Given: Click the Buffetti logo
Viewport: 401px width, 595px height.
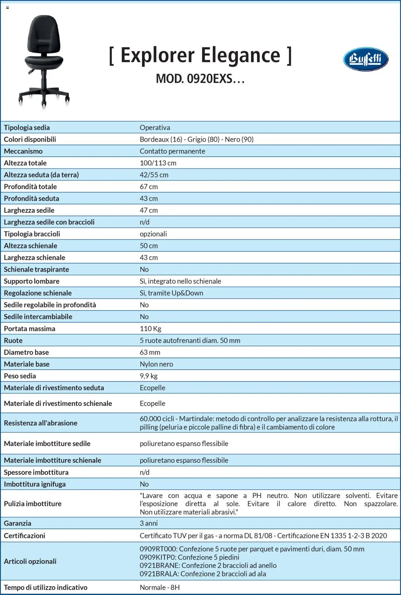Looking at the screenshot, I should (366, 59).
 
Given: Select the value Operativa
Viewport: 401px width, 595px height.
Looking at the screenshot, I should (155, 128).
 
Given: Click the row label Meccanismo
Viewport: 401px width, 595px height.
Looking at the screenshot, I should (23, 151).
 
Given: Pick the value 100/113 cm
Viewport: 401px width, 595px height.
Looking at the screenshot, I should (158, 163).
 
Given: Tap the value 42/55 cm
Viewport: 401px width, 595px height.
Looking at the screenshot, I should (154, 175).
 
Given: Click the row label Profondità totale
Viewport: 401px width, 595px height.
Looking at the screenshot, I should (30, 186).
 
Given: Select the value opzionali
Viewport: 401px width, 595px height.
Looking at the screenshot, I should (153, 234).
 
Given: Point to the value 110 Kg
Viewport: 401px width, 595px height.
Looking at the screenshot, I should (150, 328).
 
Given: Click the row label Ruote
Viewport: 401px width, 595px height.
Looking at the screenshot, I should (13, 340).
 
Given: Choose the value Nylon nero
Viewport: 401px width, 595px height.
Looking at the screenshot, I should (156, 364).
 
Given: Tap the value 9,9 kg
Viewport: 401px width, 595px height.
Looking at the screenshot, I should (148, 376).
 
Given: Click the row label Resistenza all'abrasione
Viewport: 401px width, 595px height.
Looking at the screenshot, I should (40, 423).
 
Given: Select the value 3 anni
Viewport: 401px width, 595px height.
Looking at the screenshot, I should (148, 523).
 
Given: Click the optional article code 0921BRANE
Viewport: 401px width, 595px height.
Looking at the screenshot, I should (159, 565).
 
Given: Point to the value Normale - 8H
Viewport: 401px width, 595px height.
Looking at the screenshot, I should (159, 587).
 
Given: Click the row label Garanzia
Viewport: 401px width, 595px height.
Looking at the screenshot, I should (18, 523).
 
